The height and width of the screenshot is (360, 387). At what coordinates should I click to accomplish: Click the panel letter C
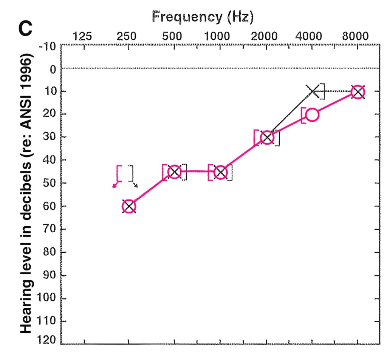pos(25,28)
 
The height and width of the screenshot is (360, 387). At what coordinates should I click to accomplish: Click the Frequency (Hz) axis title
pos(203,17)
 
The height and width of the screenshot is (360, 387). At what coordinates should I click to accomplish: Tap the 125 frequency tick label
pos(82,36)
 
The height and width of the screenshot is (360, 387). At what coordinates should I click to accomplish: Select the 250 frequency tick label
pos(126,36)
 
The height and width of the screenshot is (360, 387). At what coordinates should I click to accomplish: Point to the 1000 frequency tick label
pos(217,36)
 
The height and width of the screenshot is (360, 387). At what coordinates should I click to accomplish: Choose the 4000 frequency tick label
pos(309,36)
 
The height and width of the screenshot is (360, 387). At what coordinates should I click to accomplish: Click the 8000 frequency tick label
pos(355,36)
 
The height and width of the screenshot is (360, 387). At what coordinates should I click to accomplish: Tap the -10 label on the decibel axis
pos(48,46)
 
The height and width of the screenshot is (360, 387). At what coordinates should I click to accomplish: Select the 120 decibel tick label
pos(46,340)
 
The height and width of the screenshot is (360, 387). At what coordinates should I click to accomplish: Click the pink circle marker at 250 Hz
pos(129,206)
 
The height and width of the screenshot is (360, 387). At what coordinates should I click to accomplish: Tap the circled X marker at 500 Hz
pos(175,172)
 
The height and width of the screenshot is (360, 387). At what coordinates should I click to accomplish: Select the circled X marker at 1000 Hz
pos(220,172)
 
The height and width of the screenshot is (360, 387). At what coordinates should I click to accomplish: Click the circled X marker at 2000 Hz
pos(267,138)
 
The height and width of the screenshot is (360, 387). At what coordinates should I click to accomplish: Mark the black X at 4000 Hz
pos(313,91)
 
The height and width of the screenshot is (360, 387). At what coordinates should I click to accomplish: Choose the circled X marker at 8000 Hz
pos(358,92)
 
